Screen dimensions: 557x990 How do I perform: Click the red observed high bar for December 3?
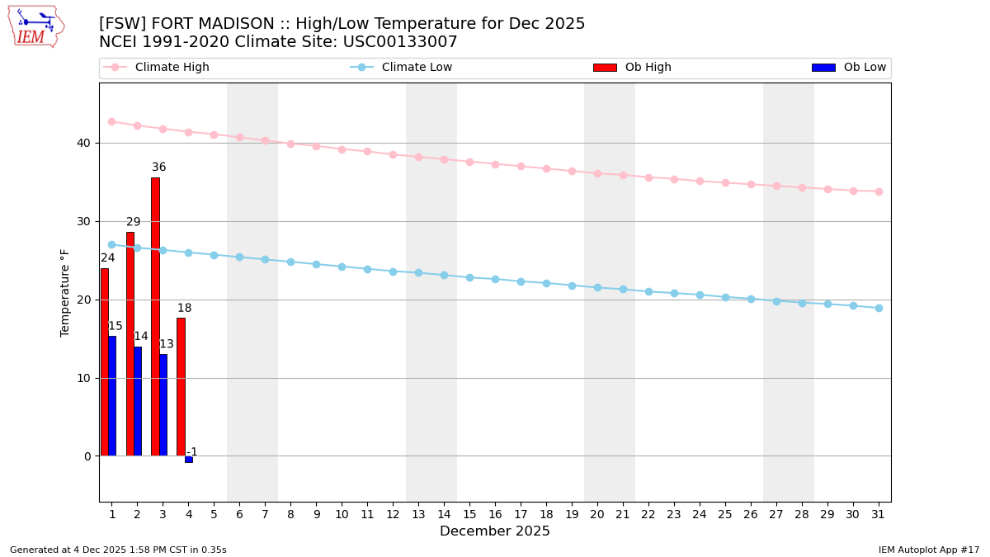click(155, 316)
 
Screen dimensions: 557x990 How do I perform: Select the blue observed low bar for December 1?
click(112, 396)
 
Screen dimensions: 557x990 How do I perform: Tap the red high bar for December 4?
click(181, 386)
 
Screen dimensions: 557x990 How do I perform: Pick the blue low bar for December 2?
click(138, 401)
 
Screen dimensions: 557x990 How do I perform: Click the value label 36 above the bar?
click(158, 168)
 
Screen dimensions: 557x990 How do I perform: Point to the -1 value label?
click(191, 452)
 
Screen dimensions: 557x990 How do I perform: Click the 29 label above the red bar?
click(133, 222)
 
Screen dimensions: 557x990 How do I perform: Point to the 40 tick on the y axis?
click(83, 143)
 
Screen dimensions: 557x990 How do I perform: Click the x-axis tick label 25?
click(725, 514)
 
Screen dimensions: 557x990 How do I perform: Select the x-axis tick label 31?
click(879, 514)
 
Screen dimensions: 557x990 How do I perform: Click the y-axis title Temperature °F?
click(65, 292)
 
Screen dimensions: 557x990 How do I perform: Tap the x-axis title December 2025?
click(494, 531)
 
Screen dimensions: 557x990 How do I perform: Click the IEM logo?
click(35, 26)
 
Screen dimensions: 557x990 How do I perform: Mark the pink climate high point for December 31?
click(879, 191)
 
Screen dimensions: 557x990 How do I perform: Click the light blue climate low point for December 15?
click(469, 277)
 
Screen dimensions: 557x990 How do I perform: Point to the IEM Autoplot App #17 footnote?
click(928, 550)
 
